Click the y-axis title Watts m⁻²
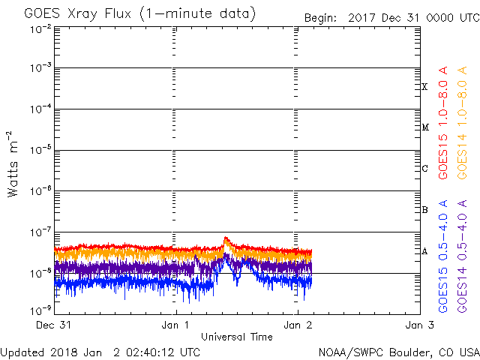[x=13, y=163]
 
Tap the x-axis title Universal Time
[x=236, y=337]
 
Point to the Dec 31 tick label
[x=54, y=325]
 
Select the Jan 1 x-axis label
[x=176, y=325]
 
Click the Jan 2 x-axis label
[x=298, y=325]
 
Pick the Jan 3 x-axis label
[x=419, y=325]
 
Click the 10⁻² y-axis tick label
[x=40, y=28]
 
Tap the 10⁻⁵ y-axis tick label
[x=40, y=151]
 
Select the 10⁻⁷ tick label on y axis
[x=40, y=232]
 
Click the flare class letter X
[x=424, y=87]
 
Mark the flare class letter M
[x=424, y=127]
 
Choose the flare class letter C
[x=424, y=169]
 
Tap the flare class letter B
[x=424, y=210]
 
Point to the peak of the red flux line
[x=226, y=238]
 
